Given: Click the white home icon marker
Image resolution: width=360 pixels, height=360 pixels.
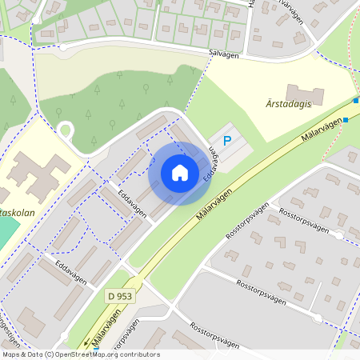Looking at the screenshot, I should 180,173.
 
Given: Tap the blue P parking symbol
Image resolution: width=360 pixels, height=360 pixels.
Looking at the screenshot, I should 227,141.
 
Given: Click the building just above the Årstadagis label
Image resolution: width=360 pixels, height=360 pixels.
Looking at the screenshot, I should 305,94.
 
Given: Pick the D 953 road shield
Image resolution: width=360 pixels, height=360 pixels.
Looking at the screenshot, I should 121,296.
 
